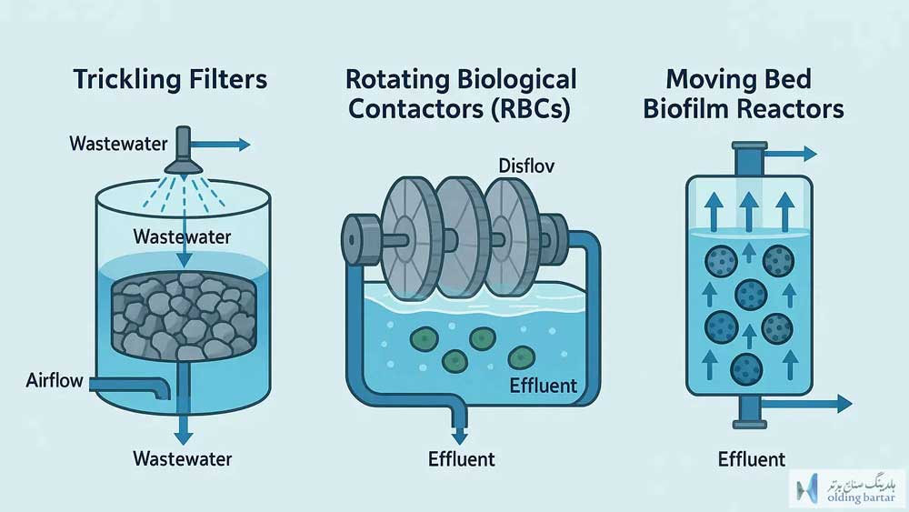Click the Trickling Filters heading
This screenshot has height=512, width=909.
point(170,80)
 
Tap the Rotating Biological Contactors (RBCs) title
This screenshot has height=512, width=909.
point(461,94)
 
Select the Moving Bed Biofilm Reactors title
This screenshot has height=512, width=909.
point(744,94)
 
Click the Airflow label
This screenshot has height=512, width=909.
point(55,381)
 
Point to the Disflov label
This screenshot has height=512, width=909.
point(526,166)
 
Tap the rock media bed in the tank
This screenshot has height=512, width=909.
point(184,316)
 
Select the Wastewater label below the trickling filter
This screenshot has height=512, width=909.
point(182,459)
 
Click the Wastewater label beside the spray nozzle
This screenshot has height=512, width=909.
point(118,144)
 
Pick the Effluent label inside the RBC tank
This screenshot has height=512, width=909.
point(544,387)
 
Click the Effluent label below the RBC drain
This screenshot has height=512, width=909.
point(462,459)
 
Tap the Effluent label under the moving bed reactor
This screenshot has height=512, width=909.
point(752,459)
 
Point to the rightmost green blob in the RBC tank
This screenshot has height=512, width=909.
point(521,357)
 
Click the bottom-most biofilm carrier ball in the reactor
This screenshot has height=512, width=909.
point(746,369)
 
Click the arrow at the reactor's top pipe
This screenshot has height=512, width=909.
point(792,154)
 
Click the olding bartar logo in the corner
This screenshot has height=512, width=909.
point(846,487)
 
